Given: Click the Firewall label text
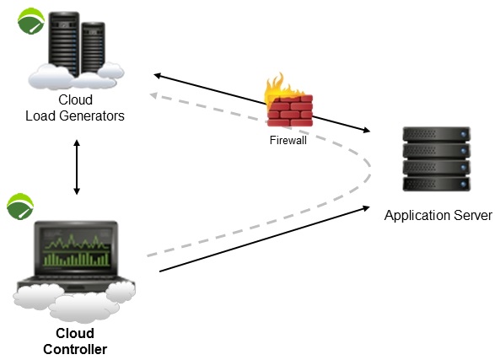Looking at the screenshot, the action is pos(288,140).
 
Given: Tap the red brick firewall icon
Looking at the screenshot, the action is pos(290,110).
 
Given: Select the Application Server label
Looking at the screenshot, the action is pos(438,216).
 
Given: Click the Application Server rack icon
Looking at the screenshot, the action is pos(436,159).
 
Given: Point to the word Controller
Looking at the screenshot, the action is pos(75,349).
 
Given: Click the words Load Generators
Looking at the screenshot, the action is pos(75,116).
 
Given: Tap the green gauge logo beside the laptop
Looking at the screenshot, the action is pos(20,207).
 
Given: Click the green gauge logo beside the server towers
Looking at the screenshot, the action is pos(31,21).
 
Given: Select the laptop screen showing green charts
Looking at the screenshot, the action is pos(77,249).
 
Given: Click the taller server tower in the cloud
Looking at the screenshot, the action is pos(64,44).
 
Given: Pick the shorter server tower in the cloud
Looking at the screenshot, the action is pos(93,48).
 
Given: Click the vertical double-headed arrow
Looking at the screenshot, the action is pos(77,167).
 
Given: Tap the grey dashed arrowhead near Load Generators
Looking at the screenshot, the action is pos(153,95).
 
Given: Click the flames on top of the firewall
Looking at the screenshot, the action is pos(280,86).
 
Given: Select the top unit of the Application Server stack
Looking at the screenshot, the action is pos(436,134).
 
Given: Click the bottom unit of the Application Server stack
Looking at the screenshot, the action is pos(436,184).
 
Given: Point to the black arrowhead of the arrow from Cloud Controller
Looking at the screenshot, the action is pos(366,208).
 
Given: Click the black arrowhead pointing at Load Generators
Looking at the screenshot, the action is pos(158,76).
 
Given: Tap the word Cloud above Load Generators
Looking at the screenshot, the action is pos(75,99).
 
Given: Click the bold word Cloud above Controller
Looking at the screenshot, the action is pos(75,333).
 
